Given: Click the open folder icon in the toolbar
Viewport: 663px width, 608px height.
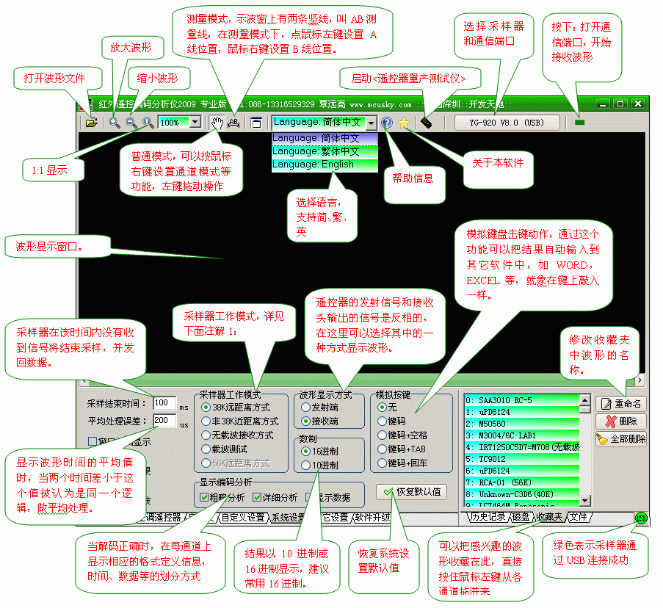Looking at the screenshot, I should [x=91, y=123].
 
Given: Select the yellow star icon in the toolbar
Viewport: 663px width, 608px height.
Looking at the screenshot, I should [x=404, y=123].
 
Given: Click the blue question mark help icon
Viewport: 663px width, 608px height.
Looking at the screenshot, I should [x=388, y=123].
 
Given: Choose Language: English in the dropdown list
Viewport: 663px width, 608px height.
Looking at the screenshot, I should [x=324, y=165].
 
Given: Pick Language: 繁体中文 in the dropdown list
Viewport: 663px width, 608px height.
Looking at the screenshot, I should [x=324, y=151].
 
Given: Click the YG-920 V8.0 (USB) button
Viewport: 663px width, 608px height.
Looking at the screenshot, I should [x=507, y=123].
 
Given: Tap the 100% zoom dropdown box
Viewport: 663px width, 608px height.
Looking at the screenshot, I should [x=180, y=123].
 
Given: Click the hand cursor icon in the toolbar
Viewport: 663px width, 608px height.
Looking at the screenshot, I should [x=217, y=123].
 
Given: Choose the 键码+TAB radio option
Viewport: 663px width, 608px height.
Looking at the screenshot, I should [x=382, y=449].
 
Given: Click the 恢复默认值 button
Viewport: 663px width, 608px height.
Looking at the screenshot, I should [x=411, y=491].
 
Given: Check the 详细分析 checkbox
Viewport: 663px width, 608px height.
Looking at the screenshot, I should [x=257, y=498].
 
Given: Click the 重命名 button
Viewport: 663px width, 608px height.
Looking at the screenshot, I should [x=620, y=404].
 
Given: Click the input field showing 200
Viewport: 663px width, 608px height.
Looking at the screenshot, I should [x=164, y=421].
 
